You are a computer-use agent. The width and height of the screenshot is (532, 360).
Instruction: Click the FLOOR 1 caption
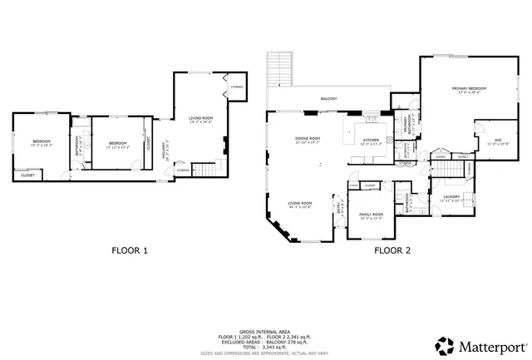[130, 249]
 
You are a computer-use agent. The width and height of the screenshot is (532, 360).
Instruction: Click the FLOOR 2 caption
[392, 249]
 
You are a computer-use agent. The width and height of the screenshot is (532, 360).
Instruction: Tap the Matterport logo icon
[445, 344]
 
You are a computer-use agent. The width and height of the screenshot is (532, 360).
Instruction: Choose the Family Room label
[371, 215]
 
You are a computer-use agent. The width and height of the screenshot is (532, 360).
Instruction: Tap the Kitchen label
[371, 141]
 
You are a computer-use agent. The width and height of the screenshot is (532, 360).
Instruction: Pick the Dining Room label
[308, 140]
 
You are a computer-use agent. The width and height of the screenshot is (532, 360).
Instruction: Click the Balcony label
[329, 99]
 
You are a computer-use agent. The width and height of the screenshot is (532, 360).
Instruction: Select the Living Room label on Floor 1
[200, 120]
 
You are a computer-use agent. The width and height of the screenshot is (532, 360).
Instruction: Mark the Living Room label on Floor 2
[299, 205]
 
